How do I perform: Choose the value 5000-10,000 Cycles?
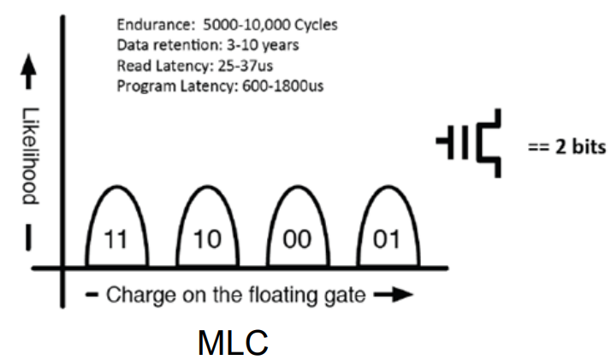coord(282,25)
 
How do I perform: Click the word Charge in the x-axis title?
coord(133,296)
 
